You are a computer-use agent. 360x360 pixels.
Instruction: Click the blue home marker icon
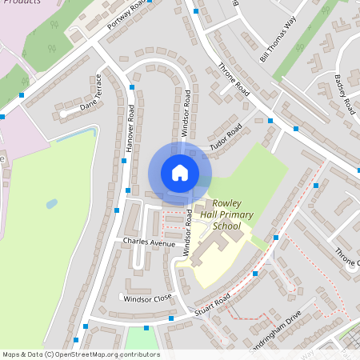click(x=180, y=173)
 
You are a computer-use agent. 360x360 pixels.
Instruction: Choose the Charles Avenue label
click(x=148, y=241)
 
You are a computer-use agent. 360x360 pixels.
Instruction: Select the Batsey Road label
click(x=345, y=93)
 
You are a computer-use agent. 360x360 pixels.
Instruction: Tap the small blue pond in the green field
click(x=52, y=203)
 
